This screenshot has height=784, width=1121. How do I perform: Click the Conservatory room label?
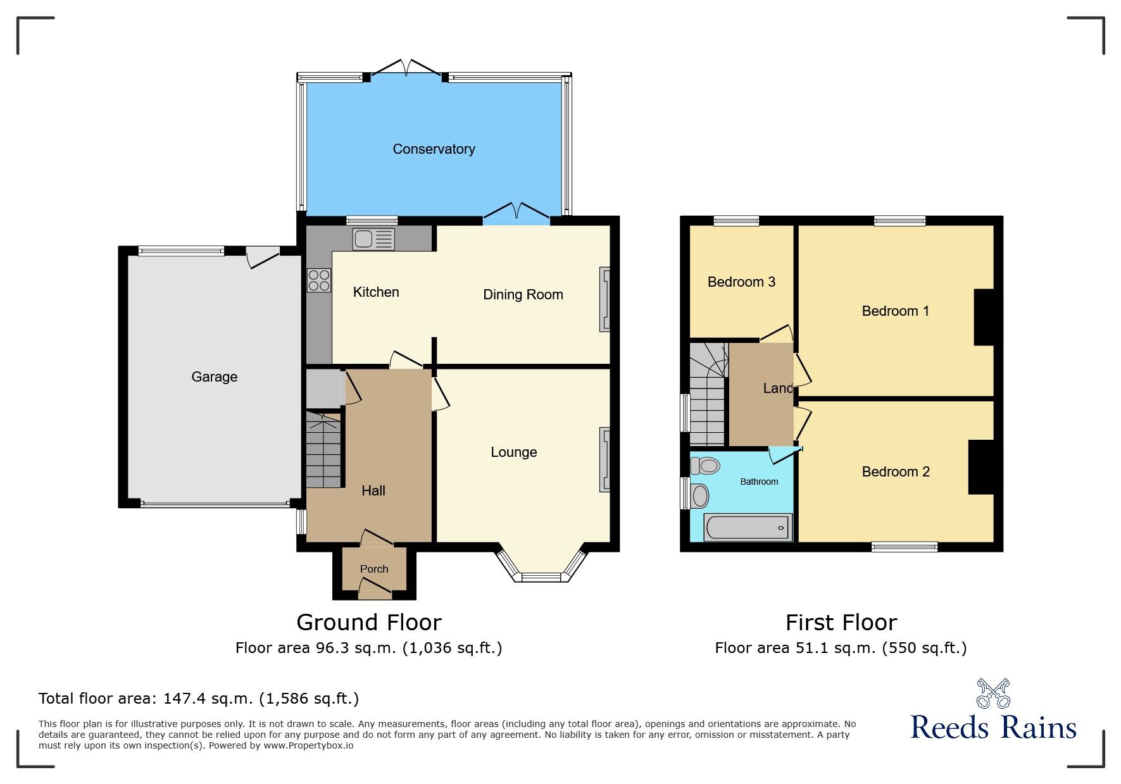pyautogui.click(x=434, y=149)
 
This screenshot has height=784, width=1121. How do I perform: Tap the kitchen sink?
pyautogui.click(x=374, y=239)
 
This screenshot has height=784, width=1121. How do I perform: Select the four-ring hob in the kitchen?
pyautogui.click(x=319, y=280)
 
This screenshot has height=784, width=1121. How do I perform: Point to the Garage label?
pyautogui.click(x=215, y=377)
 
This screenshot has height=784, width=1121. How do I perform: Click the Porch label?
pyautogui.click(x=374, y=569)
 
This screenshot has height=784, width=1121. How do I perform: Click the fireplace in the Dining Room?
pyautogui.click(x=605, y=299)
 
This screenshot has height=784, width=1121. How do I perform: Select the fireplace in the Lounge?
pyautogui.click(x=605, y=459)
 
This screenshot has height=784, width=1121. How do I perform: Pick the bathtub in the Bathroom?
pyautogui.click(x=748, y=528)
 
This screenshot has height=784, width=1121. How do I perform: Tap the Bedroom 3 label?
pyautogui.click(x=741, y=282)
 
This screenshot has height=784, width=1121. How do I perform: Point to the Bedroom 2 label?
pyautogui.click(x=896, y=472)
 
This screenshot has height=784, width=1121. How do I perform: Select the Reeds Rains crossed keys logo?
pyautogui.click(x=993, y=694)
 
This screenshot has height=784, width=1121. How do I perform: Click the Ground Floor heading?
pyautogui.click(x=369, y=623)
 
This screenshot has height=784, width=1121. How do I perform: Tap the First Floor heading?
pyautogui.click(x=841, y=623)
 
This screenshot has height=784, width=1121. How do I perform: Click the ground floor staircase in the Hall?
pyautogui.click(x=323, y=450)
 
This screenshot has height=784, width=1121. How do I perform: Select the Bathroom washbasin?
pyautogui.click(x=699, y=495)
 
